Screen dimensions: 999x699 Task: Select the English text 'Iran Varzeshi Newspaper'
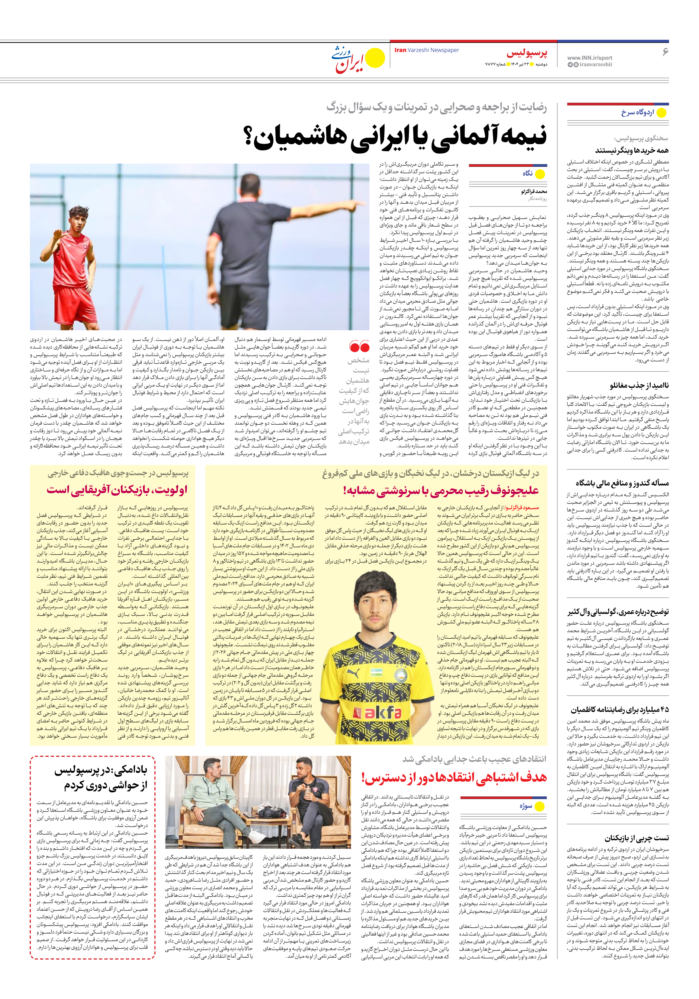coord(426,50)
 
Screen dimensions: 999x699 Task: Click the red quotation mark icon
coord(359,347)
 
